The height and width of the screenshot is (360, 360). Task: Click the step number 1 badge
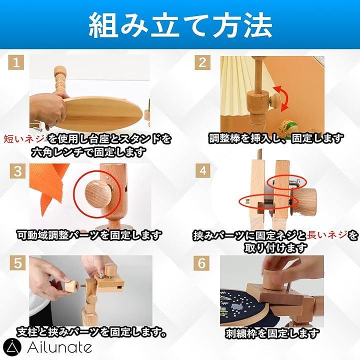(x=16, y=62)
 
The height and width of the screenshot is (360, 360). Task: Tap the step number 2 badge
(x=202, y=62)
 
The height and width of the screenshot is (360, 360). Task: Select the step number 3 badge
(x=17, y=171)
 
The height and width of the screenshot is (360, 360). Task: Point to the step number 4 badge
(x=203, y=171)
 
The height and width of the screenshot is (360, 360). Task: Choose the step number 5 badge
(x=17, y=263)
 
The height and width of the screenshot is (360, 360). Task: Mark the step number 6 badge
(x=201, y=263)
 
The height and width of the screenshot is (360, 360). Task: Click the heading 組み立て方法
(x=180, y=25)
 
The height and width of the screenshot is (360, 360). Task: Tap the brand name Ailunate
(x=59, y=347)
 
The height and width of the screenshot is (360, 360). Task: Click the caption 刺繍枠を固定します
(x=272, y=333)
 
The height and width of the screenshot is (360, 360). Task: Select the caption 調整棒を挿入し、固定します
(x=276, y=138)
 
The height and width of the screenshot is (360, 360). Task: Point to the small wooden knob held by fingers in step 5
(x=71, y=286)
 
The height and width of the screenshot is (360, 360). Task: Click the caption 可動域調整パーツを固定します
(x=89, y=235)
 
